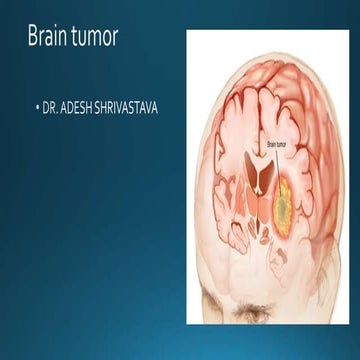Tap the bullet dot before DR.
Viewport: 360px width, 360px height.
click(37, 105)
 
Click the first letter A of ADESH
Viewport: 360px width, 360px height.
click(63, 105)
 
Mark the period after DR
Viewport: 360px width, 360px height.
click(56, 108)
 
